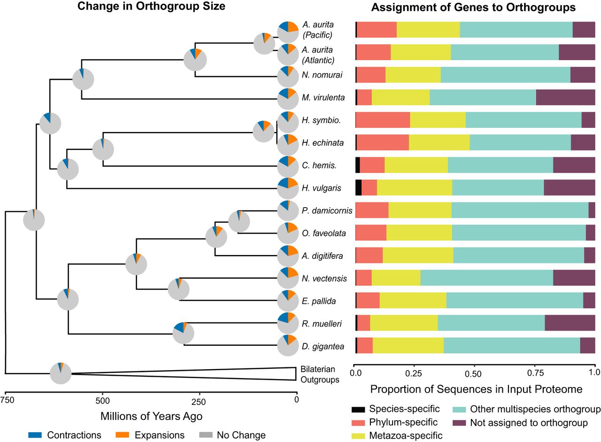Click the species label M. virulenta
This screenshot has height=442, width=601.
click(x=323, y=97)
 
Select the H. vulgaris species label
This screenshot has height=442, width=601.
click(x=322, y=188)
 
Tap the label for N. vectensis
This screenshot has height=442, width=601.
click(x=324, y=278)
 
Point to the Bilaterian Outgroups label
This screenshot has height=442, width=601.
click(x=320, y=374)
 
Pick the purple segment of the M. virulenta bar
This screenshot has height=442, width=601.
click(x=566, y=97)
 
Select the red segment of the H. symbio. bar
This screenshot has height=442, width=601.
click(x=383, y=120)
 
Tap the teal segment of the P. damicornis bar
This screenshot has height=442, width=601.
click(x=520, y=210)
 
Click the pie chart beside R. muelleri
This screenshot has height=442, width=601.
click(x=288, y=323)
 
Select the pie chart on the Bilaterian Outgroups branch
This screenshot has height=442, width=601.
click(x=61, y=373)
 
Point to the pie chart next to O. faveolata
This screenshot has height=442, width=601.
click(x=288, y=233)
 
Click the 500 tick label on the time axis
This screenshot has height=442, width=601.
click(x=102, y=401)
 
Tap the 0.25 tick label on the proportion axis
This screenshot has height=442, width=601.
click(x=414, y=373)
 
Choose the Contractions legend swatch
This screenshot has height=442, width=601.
click(x=35, y=427)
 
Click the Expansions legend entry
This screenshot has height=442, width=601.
click(x=150, y=427)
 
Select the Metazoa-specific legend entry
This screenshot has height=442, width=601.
click(x=397, y=435)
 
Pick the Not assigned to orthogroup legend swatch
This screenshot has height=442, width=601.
click(x=459, y=423)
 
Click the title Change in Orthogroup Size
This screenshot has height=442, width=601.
click(x=151, y=6)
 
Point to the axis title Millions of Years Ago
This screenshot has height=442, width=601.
click(x=151, y=416)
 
